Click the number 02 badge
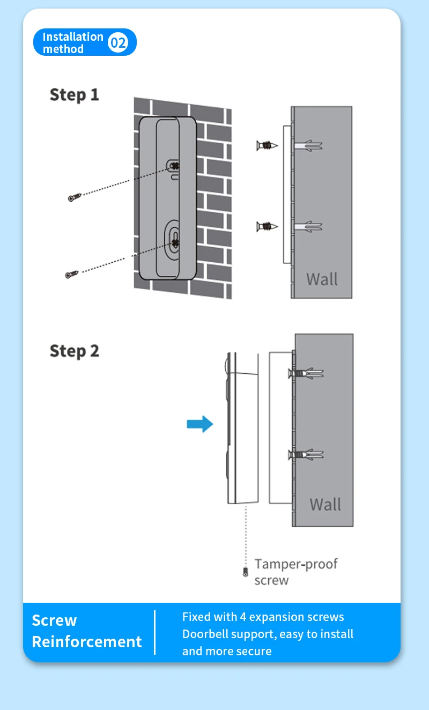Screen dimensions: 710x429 click(x=118, y=42)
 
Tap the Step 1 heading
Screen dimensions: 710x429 click(x=75, y=95)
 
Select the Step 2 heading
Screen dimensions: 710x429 click(x=75, y=351)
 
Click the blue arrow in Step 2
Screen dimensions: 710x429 click(x=199, y=425)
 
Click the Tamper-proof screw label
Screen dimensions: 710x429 click(x=296, y=572)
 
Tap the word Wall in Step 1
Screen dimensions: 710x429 click(x=322, y=279)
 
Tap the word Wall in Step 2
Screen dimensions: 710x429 click(x=325, y=505)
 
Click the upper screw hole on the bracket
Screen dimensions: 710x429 click(x=173, y=166)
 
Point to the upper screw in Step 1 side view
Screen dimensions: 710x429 click(x=267, y=145)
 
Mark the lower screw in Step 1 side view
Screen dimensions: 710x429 click(x=267, y=226)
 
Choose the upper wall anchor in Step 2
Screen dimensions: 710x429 click(x=307, y=373)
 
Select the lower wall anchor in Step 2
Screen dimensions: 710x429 click(x=307, y=455)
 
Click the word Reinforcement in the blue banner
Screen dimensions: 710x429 click(x=87, y=642)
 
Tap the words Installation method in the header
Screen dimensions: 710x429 click(x=72, y=43)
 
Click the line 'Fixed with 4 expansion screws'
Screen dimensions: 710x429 click(x=263, y=617)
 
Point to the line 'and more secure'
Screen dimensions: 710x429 click(x=227, y=651)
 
